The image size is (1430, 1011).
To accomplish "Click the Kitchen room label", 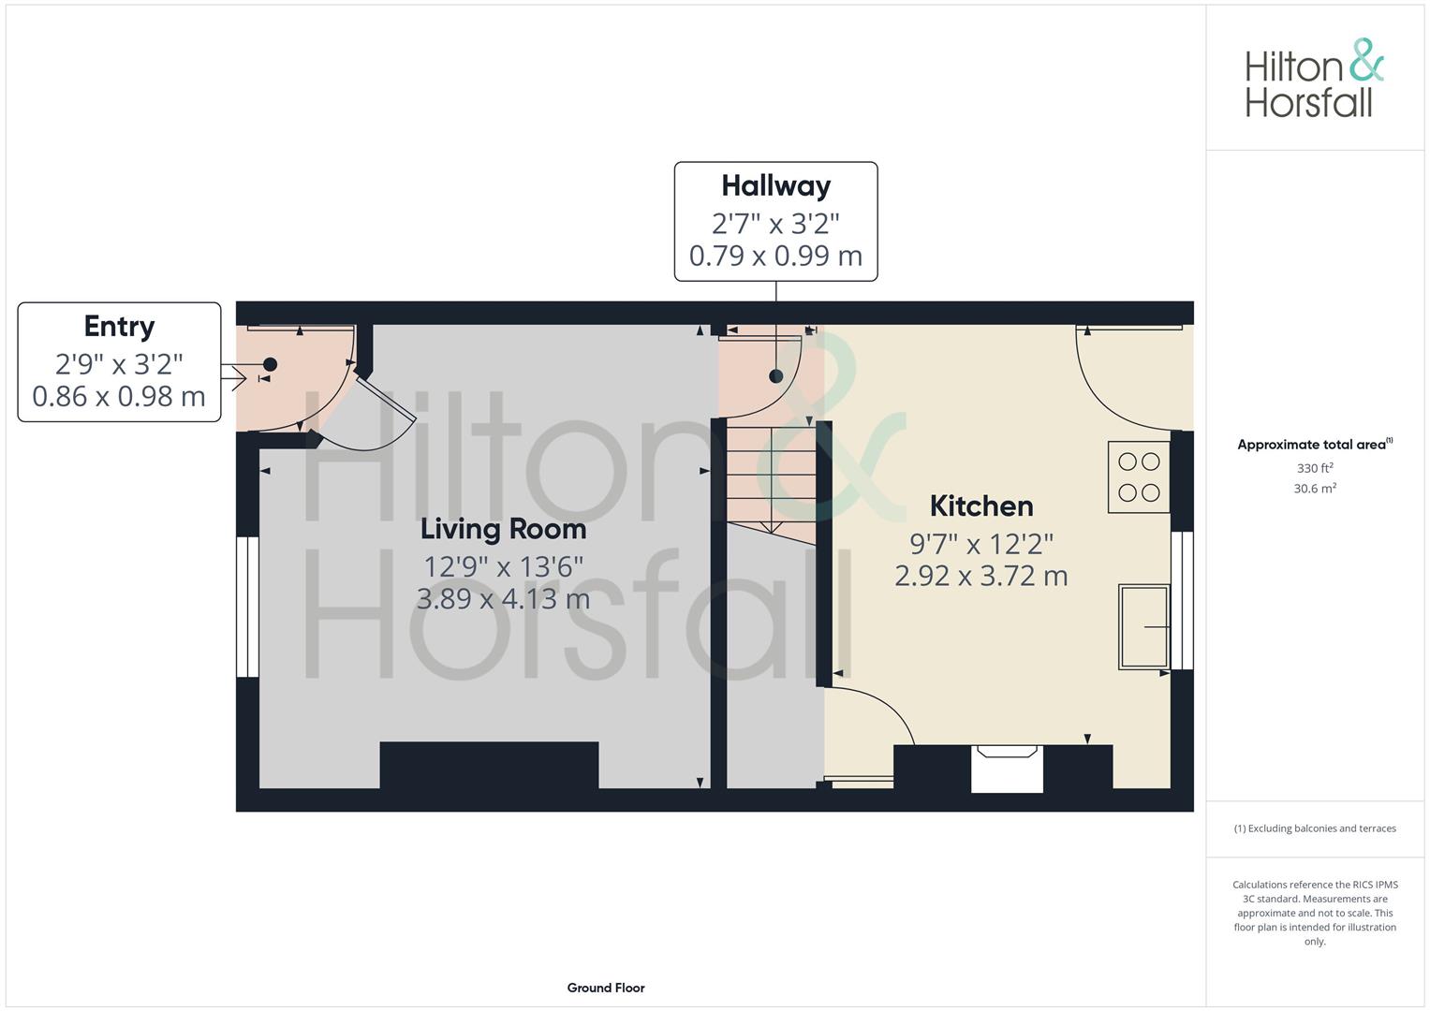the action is coord(981,506).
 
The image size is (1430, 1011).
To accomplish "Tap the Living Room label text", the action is coord(503,530).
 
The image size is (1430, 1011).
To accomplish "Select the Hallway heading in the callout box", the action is coord(776,186).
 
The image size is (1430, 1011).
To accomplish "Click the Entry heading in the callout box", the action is coord(119,327).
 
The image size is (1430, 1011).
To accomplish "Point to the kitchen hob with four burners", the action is coord(1139,477).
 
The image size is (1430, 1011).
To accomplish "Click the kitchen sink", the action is coord(1144,627).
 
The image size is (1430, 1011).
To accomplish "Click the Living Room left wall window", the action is coord(247,607).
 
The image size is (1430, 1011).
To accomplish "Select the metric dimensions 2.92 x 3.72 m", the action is coord(981,577).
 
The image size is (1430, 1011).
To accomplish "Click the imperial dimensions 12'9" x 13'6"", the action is coord(503,566).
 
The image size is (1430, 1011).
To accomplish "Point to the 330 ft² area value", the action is coord(1315,468).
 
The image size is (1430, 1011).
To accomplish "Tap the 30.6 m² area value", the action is coord(1315,489).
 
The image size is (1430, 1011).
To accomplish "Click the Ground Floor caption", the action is coord(606,988).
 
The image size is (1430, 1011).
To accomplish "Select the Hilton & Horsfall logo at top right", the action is coord(1314,79).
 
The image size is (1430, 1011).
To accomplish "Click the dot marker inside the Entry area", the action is coord(270,364).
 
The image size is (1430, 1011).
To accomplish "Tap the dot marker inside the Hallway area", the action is coord(776,376).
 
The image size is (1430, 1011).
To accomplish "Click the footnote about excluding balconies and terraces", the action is coord(1315,828).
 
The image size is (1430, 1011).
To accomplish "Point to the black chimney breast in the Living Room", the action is coord(489,766).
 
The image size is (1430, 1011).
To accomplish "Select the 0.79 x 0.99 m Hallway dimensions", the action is coord(775,256).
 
